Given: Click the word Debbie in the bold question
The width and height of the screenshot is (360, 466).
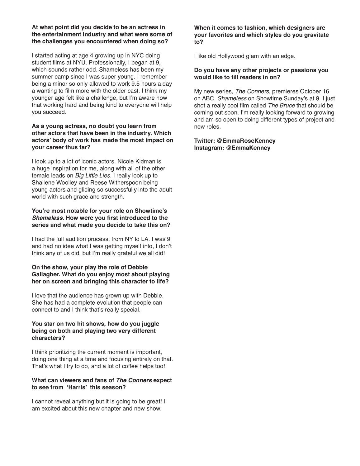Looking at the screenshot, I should pyautogui.click(x=137, y=267).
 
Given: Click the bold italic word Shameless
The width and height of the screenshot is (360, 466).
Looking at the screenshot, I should pyautogui.click(x=47, y=218).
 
